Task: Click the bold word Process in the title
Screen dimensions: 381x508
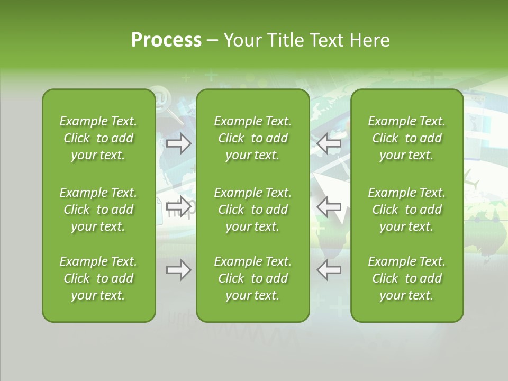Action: tap(166, 40)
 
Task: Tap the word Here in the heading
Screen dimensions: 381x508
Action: tap(369, 40)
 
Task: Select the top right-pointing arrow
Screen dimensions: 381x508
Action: tap(178, 143)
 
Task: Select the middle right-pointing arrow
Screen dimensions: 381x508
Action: tap(178, 206)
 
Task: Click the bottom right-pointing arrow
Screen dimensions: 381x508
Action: tap(178, 270)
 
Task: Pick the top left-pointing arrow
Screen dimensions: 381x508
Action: tap(329, 143)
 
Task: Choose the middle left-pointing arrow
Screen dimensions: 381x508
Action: tap(329, 206)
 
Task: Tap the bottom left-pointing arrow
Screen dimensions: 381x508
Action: tap(329, 270)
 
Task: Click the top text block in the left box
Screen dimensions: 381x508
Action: tap(98, 138)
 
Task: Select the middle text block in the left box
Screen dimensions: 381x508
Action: tap(98, 210)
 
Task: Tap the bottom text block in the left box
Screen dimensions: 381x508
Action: tap(98, 278)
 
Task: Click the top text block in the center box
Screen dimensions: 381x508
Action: tap(252, 138)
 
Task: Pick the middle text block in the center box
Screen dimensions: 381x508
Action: tap(252, 210)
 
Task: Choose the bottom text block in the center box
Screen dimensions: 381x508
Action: tap(252, 278)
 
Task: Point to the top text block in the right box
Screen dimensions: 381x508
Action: tap(406, 138)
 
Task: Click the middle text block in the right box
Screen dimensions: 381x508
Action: tap(406, 210)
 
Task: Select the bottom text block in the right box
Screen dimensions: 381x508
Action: tap(406, 278)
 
